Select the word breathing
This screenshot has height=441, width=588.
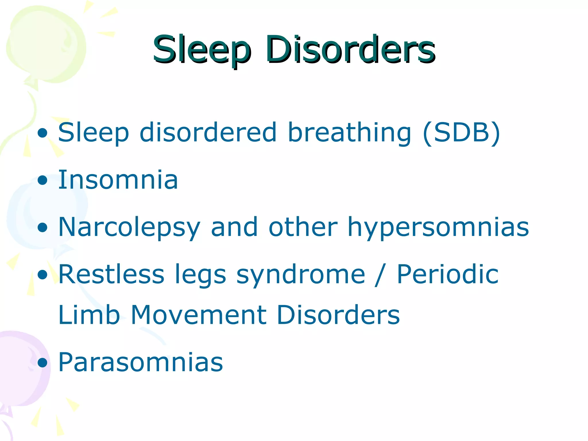point(349,133)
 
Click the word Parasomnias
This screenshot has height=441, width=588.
point(140,362)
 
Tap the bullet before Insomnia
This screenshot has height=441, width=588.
point(42,181)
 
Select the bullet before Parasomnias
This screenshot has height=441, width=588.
point(42,363)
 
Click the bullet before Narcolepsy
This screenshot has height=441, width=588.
point(42,228)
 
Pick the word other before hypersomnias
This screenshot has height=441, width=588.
point(303,227)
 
